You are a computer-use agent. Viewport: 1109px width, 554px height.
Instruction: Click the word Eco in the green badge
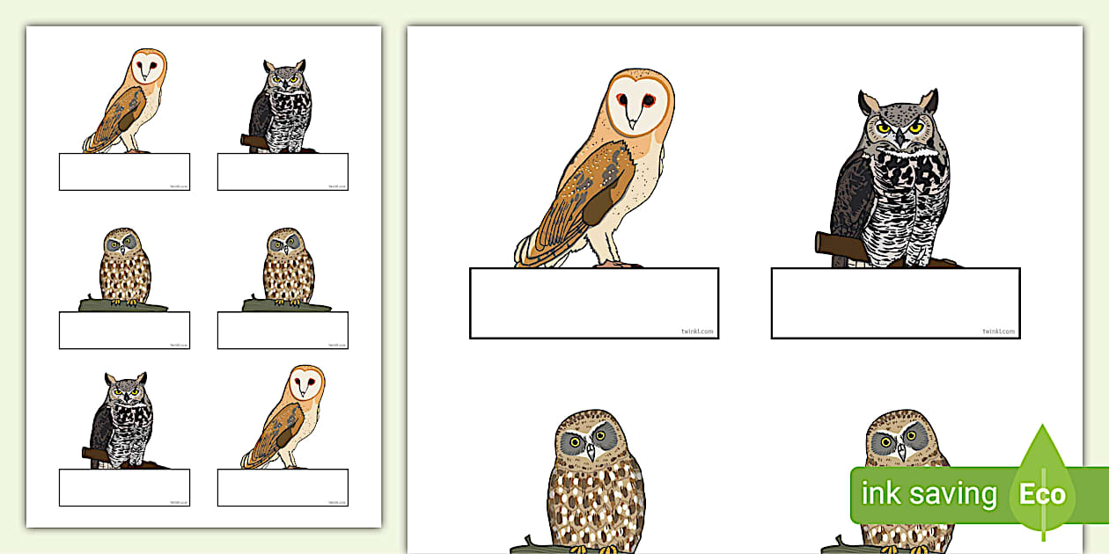click(x=1042, y=493)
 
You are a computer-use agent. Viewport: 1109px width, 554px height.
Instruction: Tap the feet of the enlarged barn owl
click(x=616, y=262)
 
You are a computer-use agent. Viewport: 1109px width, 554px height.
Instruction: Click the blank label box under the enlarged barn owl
click(x=594, y=303)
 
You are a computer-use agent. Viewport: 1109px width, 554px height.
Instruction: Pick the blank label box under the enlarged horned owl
click(x=895, y=303)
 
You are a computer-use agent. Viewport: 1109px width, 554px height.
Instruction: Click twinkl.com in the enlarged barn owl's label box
click(x=696, y=332)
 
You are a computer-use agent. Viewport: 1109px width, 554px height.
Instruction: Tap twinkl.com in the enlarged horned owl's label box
click(x=998, y=332)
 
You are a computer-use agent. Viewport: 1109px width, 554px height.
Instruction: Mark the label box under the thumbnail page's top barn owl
click(x=124, y=171)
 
